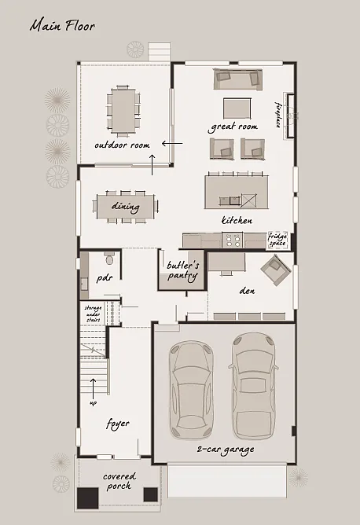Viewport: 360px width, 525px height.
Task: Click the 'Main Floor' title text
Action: point(62,26)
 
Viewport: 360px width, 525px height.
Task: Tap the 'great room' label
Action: point(233,127)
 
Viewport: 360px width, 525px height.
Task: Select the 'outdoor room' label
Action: point(122,145)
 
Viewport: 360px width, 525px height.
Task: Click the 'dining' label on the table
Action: point(125,207)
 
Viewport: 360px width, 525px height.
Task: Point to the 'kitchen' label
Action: point(237,221)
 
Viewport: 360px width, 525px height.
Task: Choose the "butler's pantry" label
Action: point(182,271)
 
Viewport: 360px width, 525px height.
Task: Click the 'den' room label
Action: point(246,290)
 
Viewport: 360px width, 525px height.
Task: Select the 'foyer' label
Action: point(118,424)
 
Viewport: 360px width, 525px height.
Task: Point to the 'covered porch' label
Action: point(119,481)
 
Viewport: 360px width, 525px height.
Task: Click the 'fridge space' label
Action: point(277,239)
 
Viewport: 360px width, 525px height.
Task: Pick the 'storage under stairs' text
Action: point(94,314)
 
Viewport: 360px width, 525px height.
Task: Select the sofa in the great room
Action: point(237,78)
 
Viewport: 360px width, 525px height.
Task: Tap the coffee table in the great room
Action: point(237,107)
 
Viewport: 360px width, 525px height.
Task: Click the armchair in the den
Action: point(277,273)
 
